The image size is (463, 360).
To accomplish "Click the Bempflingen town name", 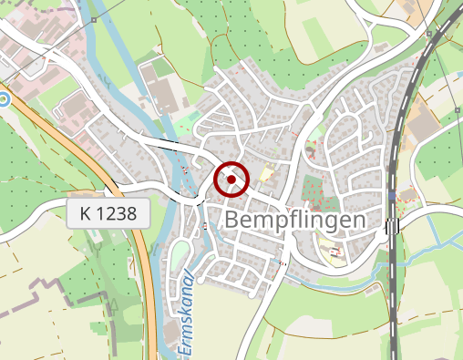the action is click(293, 220).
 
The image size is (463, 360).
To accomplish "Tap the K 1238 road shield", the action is click(108, 214).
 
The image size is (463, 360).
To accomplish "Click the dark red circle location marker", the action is click(231, 180).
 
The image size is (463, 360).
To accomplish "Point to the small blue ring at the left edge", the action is click(4, 98).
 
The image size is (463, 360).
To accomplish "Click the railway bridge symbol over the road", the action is click(393, 226).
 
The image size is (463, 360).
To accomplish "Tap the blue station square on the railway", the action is click(392, 195).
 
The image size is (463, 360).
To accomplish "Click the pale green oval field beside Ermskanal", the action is click(179, 254).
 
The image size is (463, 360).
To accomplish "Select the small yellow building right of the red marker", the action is click(266, 174).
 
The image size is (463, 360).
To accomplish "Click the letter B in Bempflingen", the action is click(231, 220).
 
